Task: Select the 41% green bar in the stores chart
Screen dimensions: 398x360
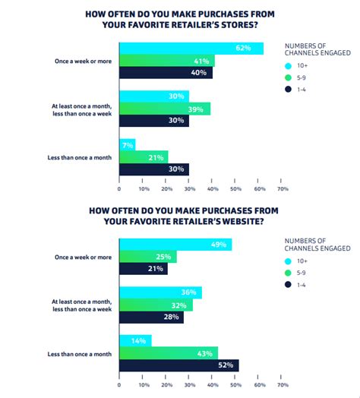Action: pyautogui.click(x=167, y=61)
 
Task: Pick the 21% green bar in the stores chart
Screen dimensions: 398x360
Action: pyautogui.click(x=144, y=156)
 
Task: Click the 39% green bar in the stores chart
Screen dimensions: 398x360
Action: pyautogui.click(x=165, y=109)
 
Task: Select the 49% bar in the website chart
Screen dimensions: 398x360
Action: pyautogui.click(x=175, y=245)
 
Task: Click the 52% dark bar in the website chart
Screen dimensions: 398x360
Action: pyautogui.click(x=179, y=365)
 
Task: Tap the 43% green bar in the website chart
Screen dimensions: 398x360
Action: pyautogui.click(x=169, y=353)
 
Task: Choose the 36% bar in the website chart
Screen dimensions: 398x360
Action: pyautogui.click(x=160, y=292)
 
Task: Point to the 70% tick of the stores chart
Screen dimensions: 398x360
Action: pyautogui.click(x=283, y=188)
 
